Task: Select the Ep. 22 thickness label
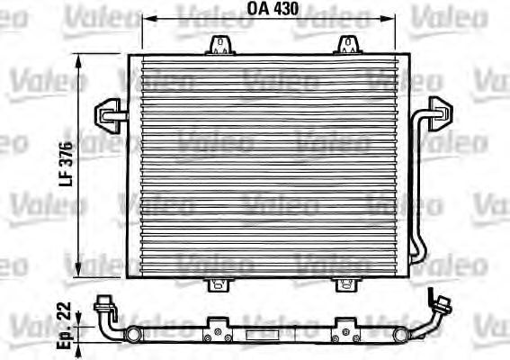click(64, 322)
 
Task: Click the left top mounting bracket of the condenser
click(218, 44)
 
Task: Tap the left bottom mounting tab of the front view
click(216, 284)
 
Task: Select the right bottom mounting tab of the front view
click(346, 284)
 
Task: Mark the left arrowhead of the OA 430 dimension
click(148, 20)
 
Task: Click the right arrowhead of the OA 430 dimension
click(393, 20)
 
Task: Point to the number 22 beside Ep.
click(64, 311)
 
